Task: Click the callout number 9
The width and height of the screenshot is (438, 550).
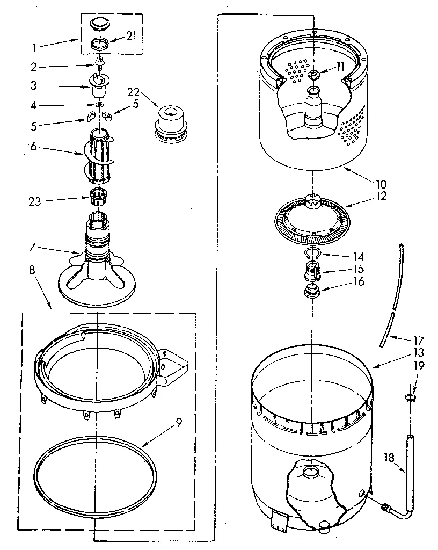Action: [x=178, y=422]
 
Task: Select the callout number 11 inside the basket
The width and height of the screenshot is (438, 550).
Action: [x=340, y=66]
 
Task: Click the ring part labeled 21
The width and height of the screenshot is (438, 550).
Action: [x=99, y=44]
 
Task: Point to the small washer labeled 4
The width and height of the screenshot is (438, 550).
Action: [x=99, y=103]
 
